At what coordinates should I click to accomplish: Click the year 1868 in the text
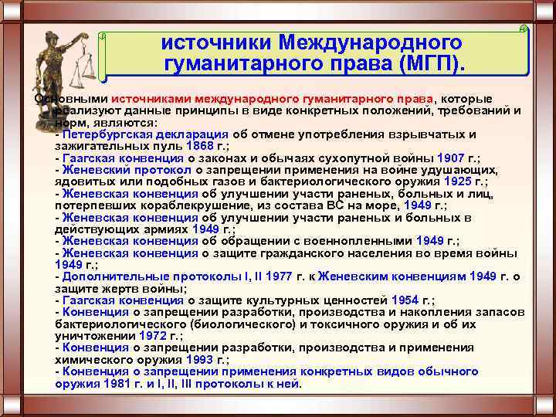[x=199, y=144]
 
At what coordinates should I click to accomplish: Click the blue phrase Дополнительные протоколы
[x=137, y=276]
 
